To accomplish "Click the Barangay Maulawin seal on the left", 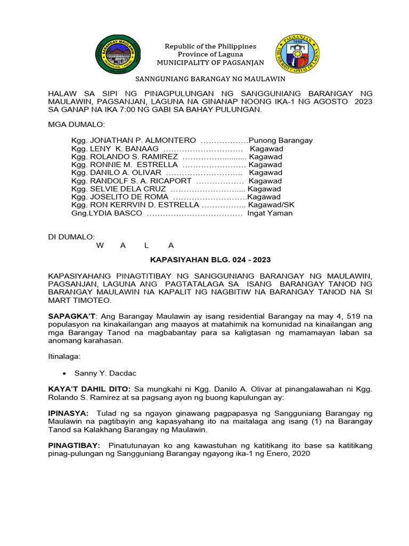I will (118, 54).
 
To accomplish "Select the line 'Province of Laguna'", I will (210, 54).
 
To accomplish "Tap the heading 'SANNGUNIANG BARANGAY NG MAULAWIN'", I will (210, 79).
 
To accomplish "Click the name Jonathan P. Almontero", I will (134, 140).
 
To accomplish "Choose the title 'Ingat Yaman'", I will (269, 213).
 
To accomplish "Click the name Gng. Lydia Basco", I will (107, 213).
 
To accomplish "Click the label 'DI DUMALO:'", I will (71, 237).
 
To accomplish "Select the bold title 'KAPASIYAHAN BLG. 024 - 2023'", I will (210, 260).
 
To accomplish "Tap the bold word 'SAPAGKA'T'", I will (67, 316).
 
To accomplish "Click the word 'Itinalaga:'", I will (64, 356).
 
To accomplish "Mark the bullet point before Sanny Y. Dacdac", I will (64, 373).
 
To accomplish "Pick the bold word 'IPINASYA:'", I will (68, 414).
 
